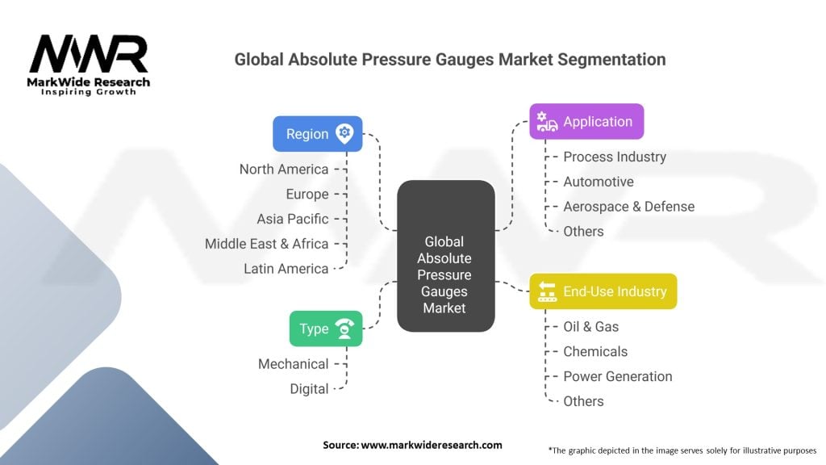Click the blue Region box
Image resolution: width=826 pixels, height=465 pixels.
[x=318, y=134]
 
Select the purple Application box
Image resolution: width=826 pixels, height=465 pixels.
[x=586, y=121]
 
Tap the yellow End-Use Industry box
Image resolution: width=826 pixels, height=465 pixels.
[x=603, y=291]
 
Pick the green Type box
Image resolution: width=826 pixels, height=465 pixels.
[x=326, y=329]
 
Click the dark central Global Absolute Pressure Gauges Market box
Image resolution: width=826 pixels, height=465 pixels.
[x=445, y=256]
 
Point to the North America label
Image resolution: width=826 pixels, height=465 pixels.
[x=284, y=170]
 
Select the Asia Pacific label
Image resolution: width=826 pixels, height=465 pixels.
[x=293, y=219]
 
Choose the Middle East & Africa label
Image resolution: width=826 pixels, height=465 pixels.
[x=266, y=244]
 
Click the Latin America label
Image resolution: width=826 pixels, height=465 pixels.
[x=286, y=269]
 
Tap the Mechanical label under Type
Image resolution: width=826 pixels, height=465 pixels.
[x=294, y=364]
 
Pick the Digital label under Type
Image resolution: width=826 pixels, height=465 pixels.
[x=309, y=389]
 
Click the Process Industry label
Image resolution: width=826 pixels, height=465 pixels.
[x=615, y=157]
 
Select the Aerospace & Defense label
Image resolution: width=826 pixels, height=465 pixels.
[x=629, y=206]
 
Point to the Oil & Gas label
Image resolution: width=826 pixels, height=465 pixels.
[x=591, y=326]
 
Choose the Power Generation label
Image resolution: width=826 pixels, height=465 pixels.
[x=618, y=376]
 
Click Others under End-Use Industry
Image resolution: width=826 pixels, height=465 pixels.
[x=584, y=401]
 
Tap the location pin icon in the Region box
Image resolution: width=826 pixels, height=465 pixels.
[x=344, y=133]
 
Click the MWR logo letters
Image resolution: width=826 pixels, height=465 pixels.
[x=89, y=53]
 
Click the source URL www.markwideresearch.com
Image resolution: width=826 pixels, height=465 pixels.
[x=432, y=445]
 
